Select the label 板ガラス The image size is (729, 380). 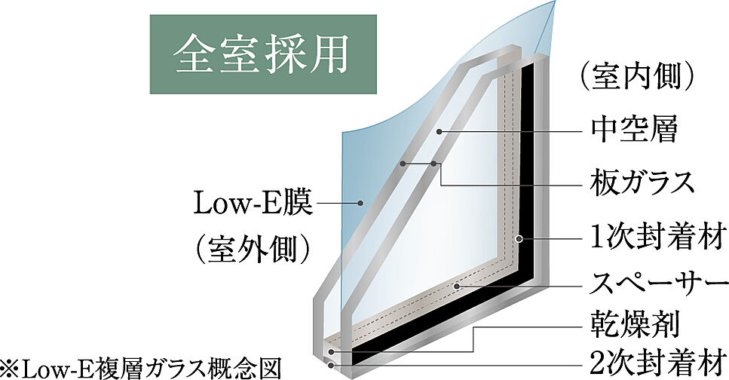[642, 181]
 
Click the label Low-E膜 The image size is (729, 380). [253, 204]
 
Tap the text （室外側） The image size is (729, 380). [253, 248]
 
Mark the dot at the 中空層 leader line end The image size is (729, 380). [440, 131]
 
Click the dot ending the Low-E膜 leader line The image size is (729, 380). [361, 203]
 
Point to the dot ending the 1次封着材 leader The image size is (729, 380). [519, 238]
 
